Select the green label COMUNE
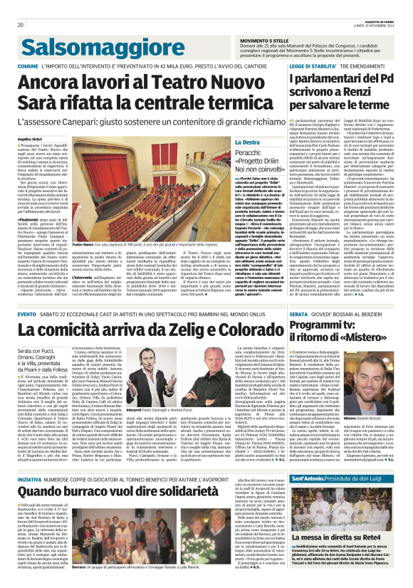pos(28,66)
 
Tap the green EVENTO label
pos(27,314)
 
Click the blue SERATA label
pos(298,314)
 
